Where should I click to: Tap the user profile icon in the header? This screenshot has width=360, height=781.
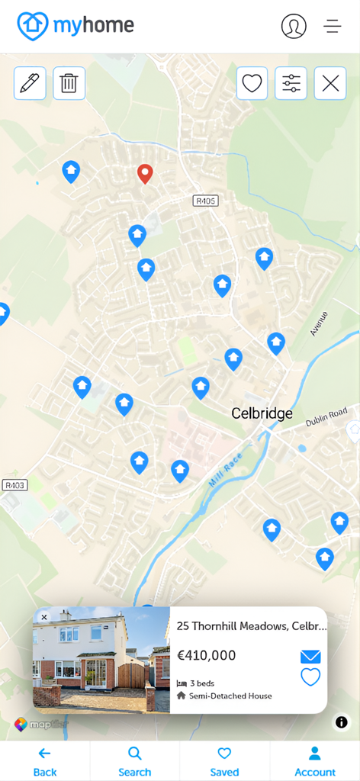pos(294,26)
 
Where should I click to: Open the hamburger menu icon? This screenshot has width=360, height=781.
pos(333,26)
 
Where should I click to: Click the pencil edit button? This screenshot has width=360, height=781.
pos(30,83)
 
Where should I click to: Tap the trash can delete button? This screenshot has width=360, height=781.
pos(69,83)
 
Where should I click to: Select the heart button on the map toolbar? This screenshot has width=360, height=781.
pos(252,83)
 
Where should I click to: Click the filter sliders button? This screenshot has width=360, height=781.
pos(291,83)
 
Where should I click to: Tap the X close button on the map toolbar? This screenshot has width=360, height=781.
pos(330,83)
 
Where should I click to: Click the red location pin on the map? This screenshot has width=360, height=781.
pos(145,174)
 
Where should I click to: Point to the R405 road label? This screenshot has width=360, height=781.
pos(206,201)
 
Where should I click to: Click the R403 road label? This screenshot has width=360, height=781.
pos(14,485)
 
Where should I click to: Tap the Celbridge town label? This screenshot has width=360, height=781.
pos(262,414)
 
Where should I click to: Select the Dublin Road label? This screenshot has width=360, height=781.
pos(326,416)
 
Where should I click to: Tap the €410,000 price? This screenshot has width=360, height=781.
pos(206,655)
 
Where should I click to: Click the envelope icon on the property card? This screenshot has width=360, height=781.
pos(310,657)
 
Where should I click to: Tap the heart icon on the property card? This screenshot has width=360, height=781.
pos(310,677)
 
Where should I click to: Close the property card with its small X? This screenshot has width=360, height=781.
pos(44,617)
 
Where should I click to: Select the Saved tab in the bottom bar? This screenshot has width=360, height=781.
pos(224,761)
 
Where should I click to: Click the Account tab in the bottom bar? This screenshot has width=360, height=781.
pos(315,761)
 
